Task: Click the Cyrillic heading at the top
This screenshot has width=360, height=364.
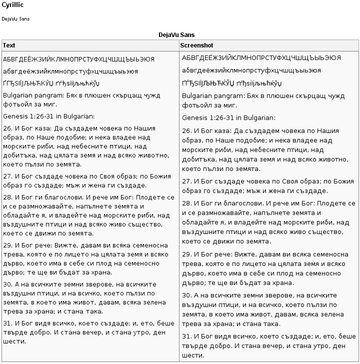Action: (12, 4)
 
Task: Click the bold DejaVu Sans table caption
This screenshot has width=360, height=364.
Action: (176, 35)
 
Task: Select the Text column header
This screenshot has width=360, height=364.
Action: (9, 45)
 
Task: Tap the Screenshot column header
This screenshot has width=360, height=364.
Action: (196, 45)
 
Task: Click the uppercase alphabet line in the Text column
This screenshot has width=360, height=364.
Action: (78, 59)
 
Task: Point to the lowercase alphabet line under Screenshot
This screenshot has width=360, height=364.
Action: (251, 70)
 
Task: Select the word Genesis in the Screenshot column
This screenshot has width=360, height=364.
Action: (194, 118)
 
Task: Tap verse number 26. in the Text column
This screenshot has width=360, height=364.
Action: (7, 128)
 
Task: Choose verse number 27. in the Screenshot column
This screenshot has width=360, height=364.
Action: (187, 181)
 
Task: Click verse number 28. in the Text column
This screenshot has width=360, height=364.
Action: (7, 197)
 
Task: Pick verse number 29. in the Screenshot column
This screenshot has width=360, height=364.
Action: (187, 254)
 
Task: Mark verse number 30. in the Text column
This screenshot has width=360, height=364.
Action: (7, 284)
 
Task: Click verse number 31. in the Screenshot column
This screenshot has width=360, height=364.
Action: (187, 336)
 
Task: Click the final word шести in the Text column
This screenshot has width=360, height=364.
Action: (12, 341)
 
